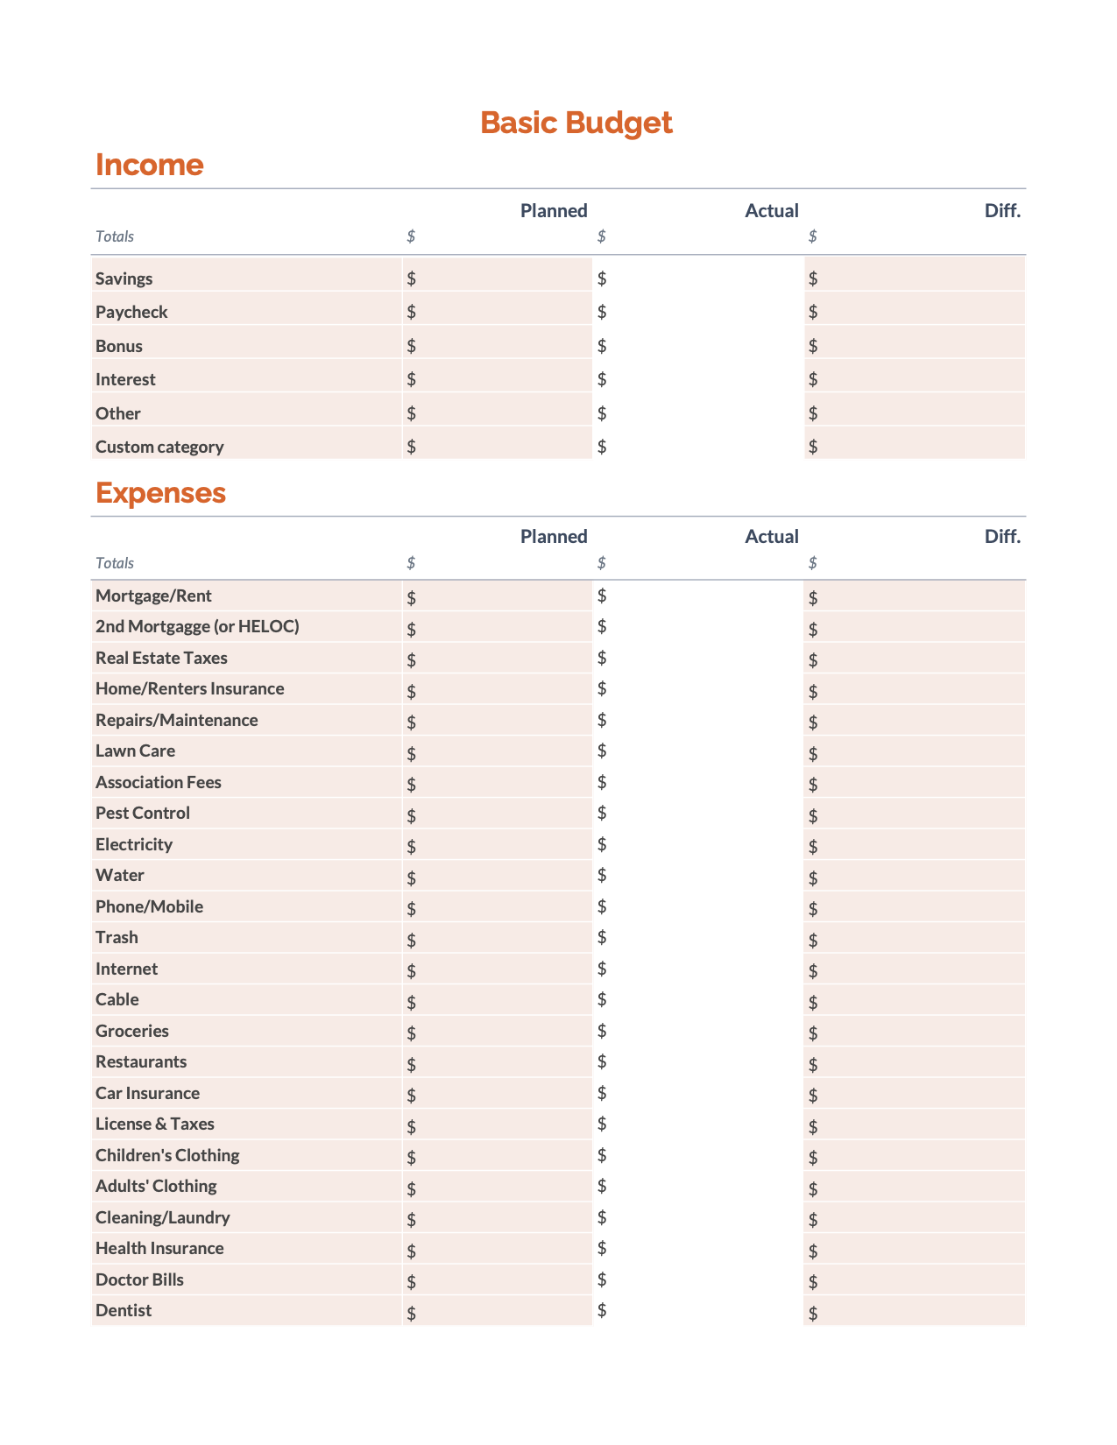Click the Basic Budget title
tap(576, 123)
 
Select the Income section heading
tap(149, 165)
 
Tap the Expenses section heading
tap(160, 493)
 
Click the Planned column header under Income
tap(554, 211)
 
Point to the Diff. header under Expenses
tap(1002, 537)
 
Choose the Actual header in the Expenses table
tap(771, 537)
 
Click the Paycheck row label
tap(131, 313)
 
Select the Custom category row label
tap(159, 448)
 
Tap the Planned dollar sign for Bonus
tap(412, 346)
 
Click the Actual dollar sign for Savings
tap(602, 278)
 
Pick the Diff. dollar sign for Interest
tap(813, 379)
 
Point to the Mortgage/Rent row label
tap(153, 596)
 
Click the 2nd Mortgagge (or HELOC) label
tap(197, 627)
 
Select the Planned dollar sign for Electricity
tap(412, 847)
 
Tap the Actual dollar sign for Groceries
tap(602, 1031)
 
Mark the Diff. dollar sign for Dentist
tap(813, 1313)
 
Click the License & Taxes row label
tap(155, 1124)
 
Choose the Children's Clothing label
tap(167, 1156)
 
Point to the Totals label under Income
tap(115, 236)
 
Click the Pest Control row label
tap(143, 814)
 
